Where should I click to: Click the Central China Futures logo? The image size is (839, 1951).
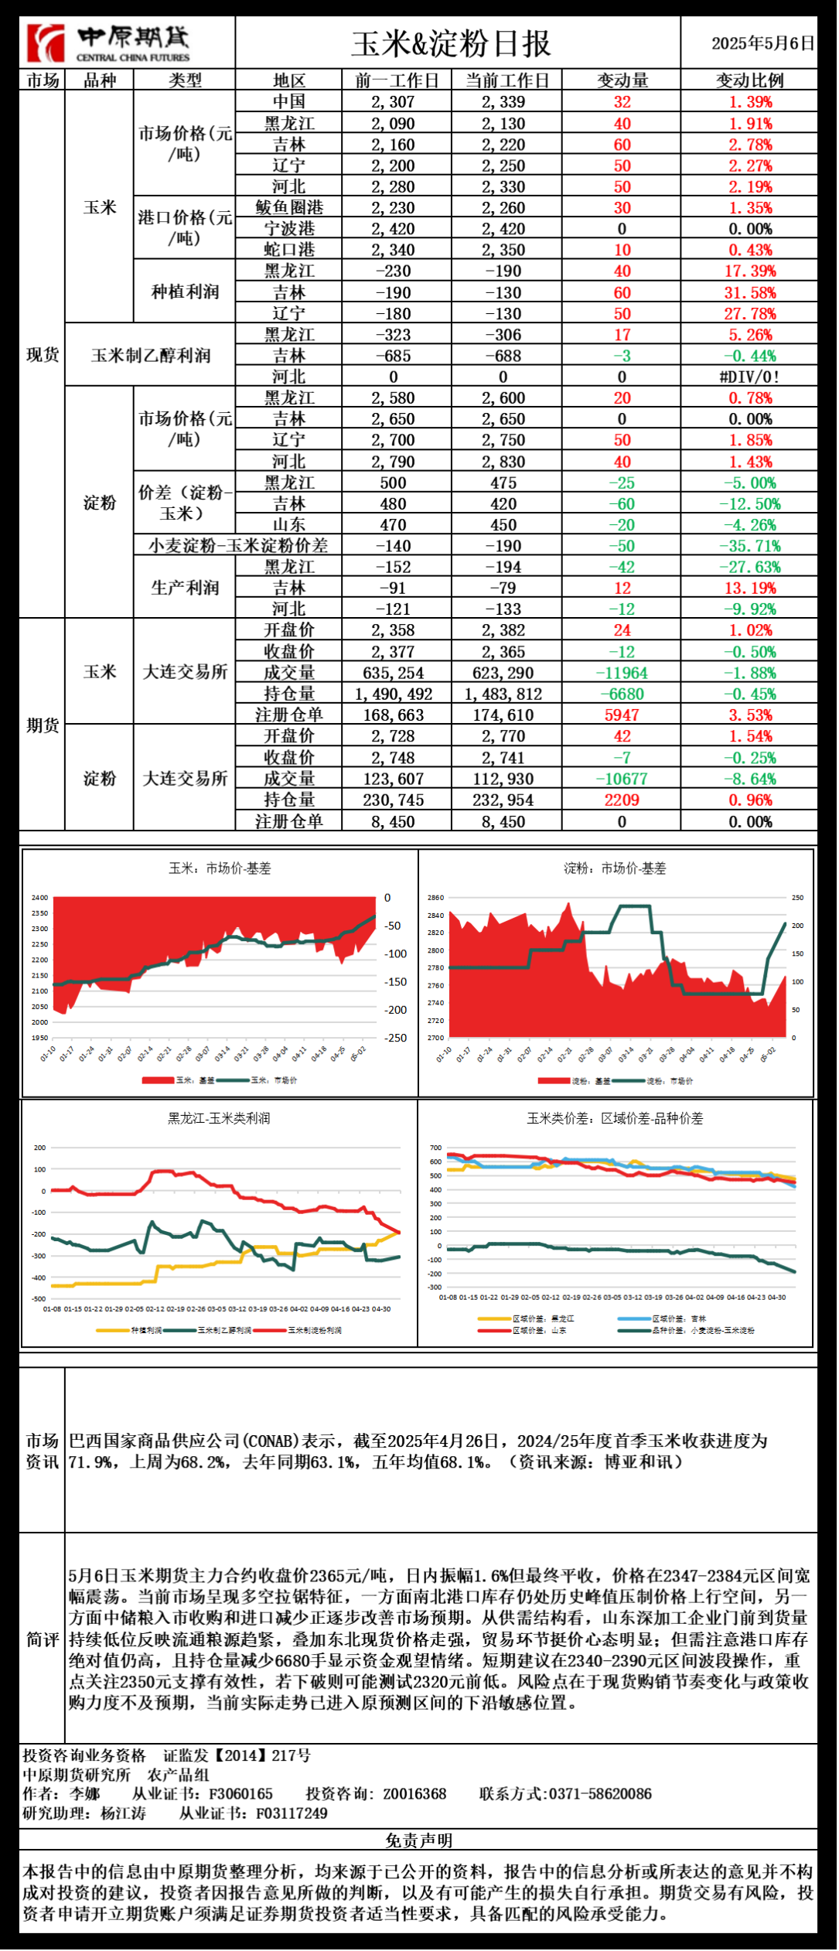pos(108,43)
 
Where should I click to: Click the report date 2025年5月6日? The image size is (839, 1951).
pos(762,43)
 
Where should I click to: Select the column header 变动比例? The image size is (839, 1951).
pos(749,80)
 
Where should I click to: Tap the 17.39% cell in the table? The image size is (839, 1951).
pos(749,271)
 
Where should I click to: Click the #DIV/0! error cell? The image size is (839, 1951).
pos(749,377)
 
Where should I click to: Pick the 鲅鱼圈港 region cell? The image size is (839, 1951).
pos(289,208)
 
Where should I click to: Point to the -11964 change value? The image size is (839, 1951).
pos(622,674)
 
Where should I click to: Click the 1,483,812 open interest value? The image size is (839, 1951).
pos(503,694)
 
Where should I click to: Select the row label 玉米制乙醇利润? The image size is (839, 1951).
pos(151,356)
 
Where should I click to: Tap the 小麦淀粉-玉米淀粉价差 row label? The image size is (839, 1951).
pos(238,546)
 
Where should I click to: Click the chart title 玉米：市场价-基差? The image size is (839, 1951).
pos(220,869)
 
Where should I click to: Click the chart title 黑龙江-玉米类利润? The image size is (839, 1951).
pos(220,1119)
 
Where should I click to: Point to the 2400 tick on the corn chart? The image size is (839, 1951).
pos(39,899)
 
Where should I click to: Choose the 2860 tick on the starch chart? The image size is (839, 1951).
pos(436,899)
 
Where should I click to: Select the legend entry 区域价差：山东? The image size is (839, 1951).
pos(539,1331)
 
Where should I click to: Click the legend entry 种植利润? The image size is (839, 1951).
pos(146,1331)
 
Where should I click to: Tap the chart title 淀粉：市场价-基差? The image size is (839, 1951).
pos(616,869)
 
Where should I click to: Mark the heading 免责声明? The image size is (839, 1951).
pos(419,1841)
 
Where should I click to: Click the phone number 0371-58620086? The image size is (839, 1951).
pos(600,1794)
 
